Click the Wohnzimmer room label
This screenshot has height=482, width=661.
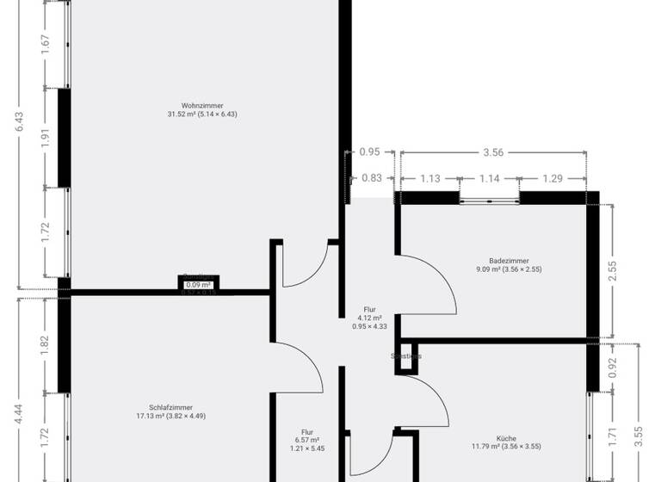coord(203,105)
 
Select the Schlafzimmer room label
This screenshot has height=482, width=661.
coord(170,407)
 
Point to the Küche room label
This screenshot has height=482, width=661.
coord(505,438)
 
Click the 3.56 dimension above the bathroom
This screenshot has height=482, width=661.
coord(492,152)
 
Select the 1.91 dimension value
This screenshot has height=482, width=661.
coord(46,138)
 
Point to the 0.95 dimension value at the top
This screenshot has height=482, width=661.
coord(369,152)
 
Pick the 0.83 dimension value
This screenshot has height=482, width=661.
coord(372,178)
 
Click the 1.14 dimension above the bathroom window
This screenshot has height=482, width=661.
coord(489,178)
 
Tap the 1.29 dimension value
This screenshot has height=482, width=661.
coord(553,178)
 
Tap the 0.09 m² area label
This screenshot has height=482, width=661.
coord(199,285)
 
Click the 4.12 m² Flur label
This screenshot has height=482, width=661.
coord(370,318)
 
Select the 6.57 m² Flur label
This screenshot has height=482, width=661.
coord(307,440)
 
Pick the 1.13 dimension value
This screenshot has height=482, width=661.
coord(429,178)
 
